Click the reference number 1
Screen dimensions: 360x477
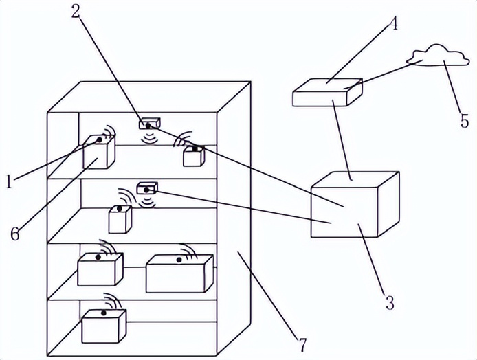pyautogui.click(x=8, y=181)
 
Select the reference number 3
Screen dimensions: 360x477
pyautogui.click(x=389, y=302)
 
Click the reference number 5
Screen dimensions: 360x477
pyautogui.click(x=465, y=122)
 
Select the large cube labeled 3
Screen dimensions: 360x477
pyautogui.click(x=353, y=205)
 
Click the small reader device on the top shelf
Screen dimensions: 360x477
pyautogui.click(x=148, y=124)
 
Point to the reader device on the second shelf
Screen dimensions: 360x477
pyautogui.click(x=148, y=188)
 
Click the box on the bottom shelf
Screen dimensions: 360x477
pyautogui.click(x=104, y=326)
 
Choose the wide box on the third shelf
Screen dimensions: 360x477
pyautogui.click(x=179, y=273)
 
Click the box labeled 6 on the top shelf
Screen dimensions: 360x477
pyautogui.click(x=98, y=153)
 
